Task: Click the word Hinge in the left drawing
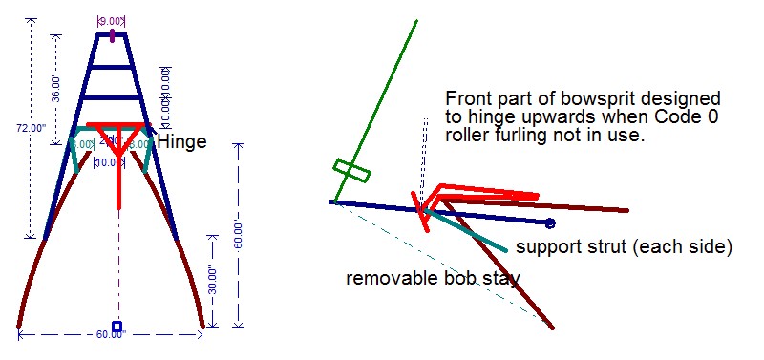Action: tap(181, 141)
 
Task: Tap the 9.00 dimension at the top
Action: tap(113, 20)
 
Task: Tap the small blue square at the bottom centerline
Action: tap(117, 327)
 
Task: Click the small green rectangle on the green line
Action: tap(351, 172)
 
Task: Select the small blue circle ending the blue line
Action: tap(550, 223)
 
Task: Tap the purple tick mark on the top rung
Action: tap(113, 36)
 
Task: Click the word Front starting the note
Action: tap(468, 98)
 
